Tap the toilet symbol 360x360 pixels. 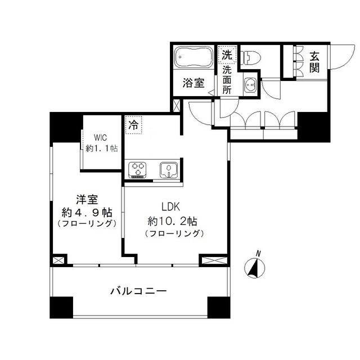(253, 56)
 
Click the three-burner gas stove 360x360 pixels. (138, 169)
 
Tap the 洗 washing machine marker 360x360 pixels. (226, 55)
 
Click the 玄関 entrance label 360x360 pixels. (314, 62)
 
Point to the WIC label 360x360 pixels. (102, 137)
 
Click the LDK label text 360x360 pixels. (172, 206)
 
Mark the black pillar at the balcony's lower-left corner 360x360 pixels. (61, 307)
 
